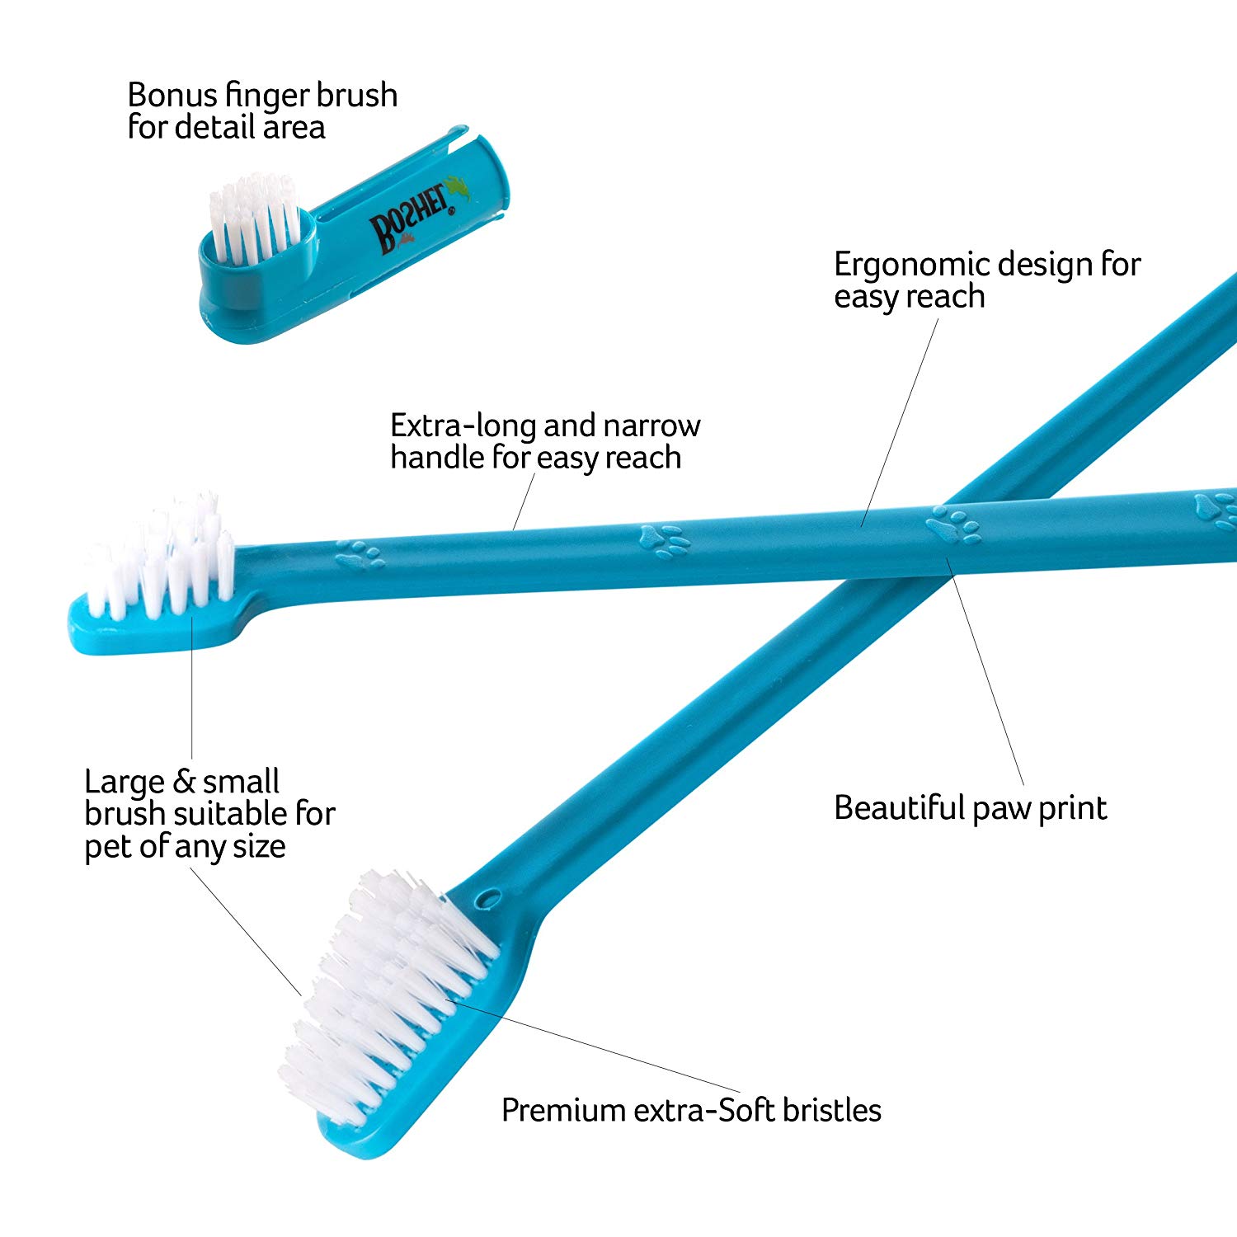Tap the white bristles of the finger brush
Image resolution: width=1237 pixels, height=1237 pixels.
click(255, 218)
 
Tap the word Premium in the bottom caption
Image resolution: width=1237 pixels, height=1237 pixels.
click(563, 1110)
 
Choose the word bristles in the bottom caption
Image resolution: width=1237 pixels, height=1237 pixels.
click(831, 1110)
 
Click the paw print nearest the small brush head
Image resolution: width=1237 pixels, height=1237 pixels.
click(360, 554)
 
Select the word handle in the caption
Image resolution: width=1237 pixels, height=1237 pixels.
click(437, 458)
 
